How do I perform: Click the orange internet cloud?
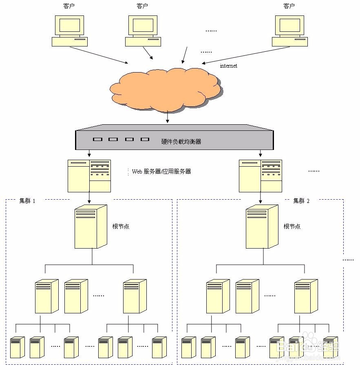point(166,90)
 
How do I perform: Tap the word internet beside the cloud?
point(228,66)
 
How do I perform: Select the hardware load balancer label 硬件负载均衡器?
point(181,141)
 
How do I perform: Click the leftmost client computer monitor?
point(69,26)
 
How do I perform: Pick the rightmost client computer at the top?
point(289,31)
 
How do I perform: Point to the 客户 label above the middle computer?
point(142,6)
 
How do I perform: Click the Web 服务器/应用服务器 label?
point(161,172)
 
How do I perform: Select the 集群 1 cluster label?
point(27,201)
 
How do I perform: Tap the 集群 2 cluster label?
point(301,201)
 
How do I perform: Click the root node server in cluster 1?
point(91,227)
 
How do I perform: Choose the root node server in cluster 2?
point(262,227)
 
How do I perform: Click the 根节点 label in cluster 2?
point(292,227)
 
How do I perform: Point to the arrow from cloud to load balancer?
point(168,116)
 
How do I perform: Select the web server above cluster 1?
point(89,176)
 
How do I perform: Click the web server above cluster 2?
point(261,176)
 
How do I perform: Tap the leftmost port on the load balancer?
point(97,139)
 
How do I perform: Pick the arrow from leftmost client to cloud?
point(99,55)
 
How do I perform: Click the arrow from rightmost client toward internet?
point(246,55)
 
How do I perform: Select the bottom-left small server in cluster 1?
point(18,347)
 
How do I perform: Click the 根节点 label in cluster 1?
point(121,227)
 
